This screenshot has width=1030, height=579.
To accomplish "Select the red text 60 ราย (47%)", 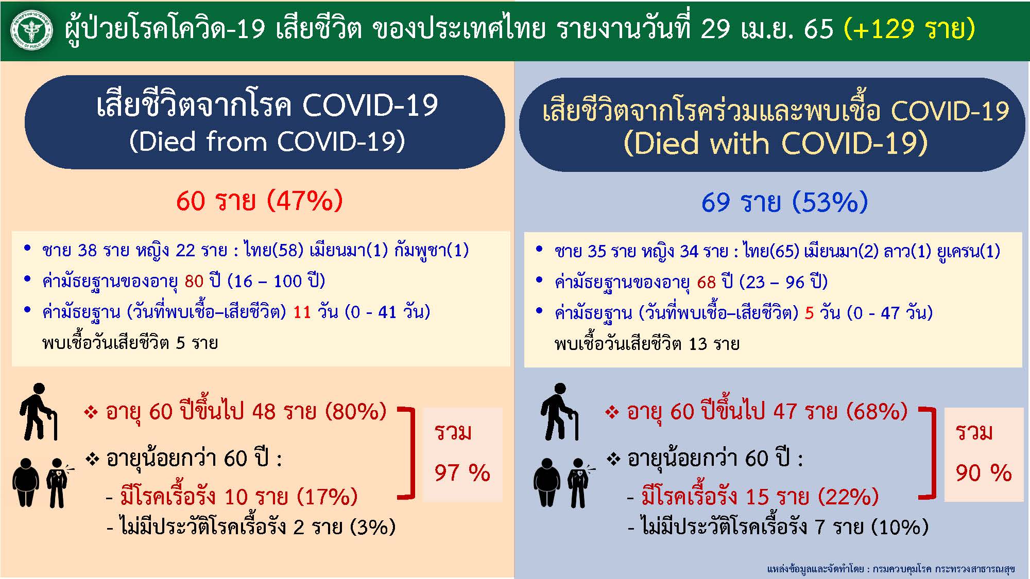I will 259,200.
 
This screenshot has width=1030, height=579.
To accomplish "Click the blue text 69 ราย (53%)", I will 784,202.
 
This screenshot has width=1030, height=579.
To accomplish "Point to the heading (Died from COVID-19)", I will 267,141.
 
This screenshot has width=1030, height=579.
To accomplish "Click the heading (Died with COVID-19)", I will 775,143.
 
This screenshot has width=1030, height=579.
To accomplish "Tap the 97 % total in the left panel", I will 462,472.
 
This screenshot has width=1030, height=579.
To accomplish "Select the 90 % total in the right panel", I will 984,472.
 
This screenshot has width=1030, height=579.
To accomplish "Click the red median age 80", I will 194,281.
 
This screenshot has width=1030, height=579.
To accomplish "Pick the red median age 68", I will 707,282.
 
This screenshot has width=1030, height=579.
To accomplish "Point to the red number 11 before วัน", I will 302,312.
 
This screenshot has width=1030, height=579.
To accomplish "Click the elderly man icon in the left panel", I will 38,411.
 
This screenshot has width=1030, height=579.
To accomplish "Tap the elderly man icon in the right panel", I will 559,411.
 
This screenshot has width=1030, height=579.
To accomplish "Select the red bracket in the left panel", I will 409,453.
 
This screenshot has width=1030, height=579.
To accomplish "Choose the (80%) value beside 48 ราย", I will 355,411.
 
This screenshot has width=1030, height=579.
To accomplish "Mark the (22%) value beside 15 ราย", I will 848,497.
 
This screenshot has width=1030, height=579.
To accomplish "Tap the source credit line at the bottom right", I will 890,569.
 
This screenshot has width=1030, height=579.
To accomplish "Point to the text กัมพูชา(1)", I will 432,250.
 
